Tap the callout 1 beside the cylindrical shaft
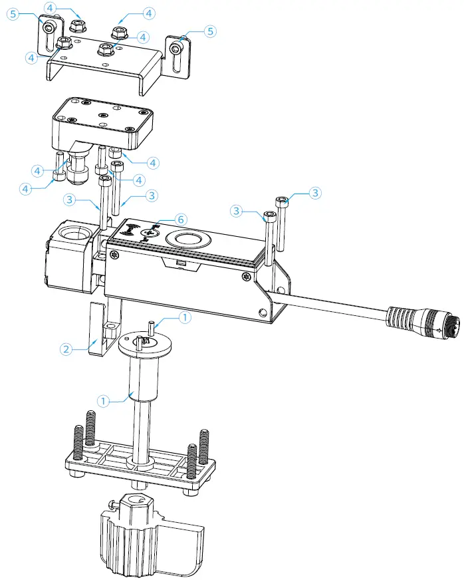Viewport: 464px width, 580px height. click(x=102, y=401)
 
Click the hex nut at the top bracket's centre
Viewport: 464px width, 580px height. click(x=104, y=48)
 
